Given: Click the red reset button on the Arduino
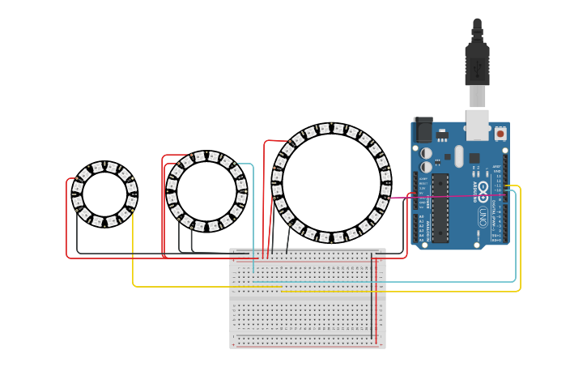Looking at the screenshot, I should (500, 133).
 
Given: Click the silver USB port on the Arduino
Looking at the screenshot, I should (478, 124).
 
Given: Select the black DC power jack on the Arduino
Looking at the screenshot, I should (423, 130).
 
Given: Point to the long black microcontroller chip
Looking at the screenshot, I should (440, 207).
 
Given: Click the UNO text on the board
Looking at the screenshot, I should (483, 217).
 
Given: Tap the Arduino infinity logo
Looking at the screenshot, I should (483, 191).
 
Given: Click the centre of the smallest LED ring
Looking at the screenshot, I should (104, 194).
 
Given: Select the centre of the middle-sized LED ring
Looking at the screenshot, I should (206, 191).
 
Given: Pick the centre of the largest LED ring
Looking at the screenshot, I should (331, 183).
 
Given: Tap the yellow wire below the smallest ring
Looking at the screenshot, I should (133, 259).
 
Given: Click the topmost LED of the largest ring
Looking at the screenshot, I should (331, 128).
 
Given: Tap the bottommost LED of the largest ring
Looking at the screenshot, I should (331, 238).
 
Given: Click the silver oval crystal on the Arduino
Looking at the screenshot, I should (459, 156).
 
